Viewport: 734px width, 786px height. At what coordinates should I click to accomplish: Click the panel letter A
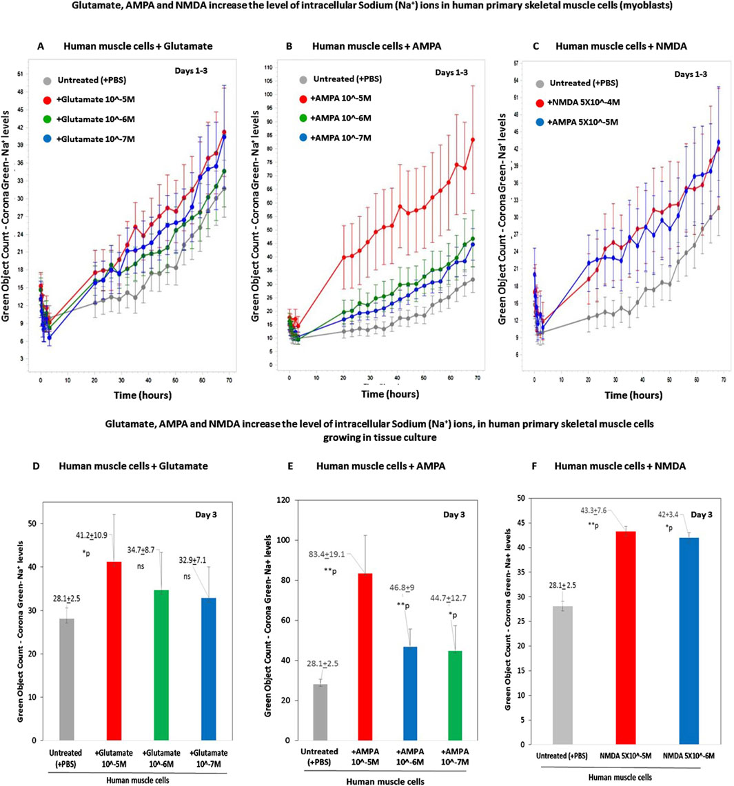point(41,47)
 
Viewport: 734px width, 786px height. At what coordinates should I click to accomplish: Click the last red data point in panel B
point(473,140)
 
